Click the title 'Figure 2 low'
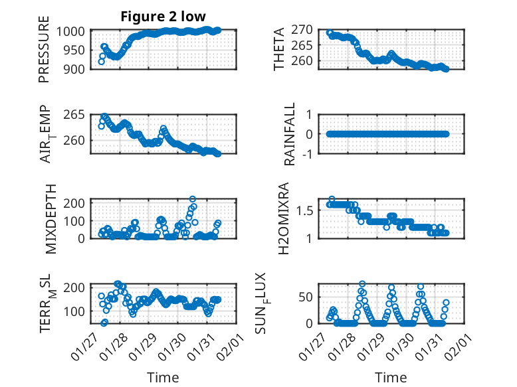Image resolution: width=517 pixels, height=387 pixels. [x=163, y=17]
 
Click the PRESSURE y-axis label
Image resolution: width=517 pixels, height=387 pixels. [x=44, y=53]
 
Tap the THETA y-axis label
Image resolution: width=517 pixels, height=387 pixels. [x=279, y=49]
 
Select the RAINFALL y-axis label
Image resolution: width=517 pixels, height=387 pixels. [x=290, y=135]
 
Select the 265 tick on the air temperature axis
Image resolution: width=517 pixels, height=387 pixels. [x=76, y=115]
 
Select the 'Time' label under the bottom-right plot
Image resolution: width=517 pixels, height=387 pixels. [x=391, y=378]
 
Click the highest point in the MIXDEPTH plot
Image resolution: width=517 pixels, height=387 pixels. [x=193, y=198]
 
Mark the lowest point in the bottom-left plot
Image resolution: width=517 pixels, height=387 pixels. [x=104, y=323]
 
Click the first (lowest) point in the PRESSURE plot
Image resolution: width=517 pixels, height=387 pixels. [x=101, y=62]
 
